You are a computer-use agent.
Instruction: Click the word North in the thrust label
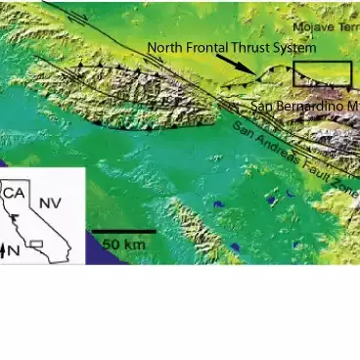pos(166,46)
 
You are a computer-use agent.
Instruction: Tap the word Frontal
pos(209,46)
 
